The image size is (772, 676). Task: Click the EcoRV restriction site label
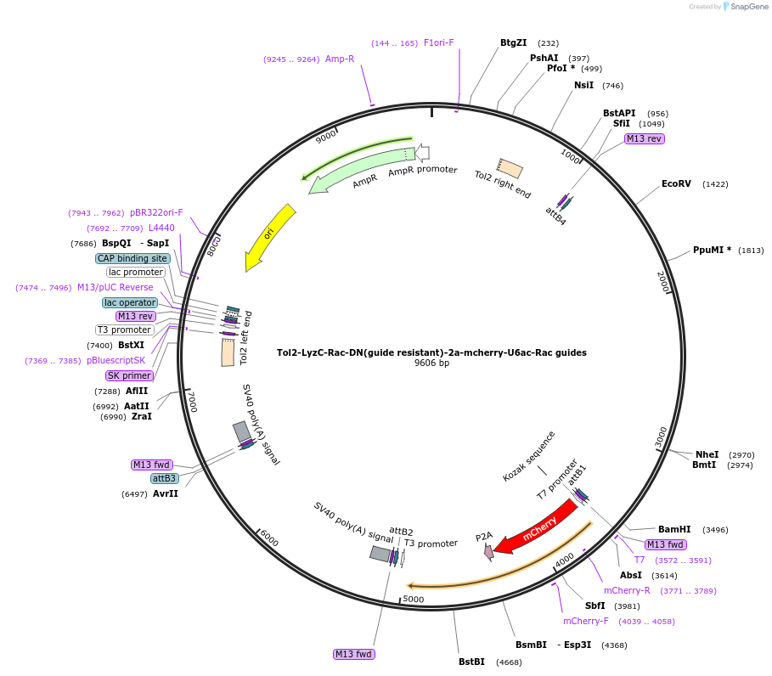click(677, 183)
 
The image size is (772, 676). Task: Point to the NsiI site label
click(583, 85)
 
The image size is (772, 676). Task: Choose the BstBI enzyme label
click(471, 662)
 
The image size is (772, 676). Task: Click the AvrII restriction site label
click(166, 493)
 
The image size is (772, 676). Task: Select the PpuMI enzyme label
click(712, 250)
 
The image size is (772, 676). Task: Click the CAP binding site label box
click(132, 258)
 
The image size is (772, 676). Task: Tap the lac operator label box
click(130, 302)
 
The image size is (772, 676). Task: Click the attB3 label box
click(164, 478)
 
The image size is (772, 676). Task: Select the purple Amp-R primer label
click(340, 59)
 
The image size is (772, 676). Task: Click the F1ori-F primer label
click(439, 42)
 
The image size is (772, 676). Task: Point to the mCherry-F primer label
click(585, 621)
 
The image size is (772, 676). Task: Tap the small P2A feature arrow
click(488, 552)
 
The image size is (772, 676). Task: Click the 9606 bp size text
click(431, 363)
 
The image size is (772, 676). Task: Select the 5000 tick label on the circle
click(413, 599)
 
